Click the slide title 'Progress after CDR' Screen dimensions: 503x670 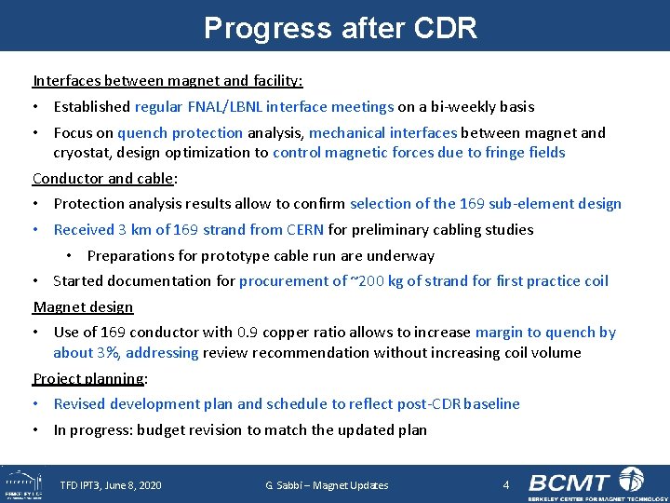point(340,28)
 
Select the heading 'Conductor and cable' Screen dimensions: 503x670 point(103,178)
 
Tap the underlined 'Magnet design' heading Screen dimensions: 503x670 point(84,306)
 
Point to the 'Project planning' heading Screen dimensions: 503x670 point(87,378)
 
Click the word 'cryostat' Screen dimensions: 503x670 point(82,153)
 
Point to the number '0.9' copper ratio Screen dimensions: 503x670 point(248,332)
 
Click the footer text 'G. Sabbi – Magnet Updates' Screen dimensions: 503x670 point(327,484)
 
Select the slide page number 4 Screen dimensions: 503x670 point(506,484)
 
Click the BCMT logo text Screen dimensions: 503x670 point(569,482)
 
